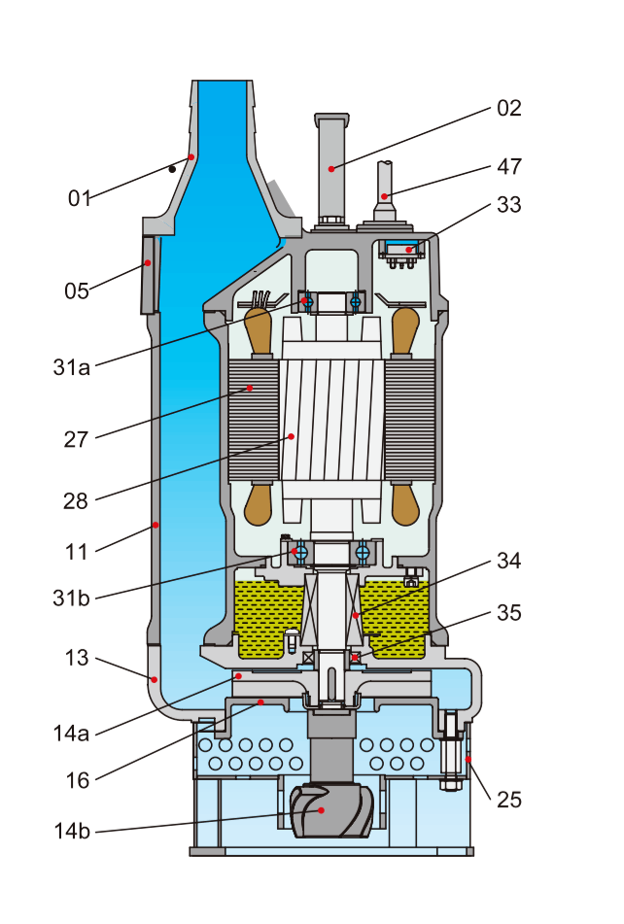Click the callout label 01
80,198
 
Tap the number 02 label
509,108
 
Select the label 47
509,166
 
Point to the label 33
509,205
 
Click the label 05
77,291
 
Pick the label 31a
72,367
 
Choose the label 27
76,439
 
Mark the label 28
76,501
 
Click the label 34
509,561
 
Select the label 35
509,613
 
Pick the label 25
509,800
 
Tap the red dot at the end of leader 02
331,169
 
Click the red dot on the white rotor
290,437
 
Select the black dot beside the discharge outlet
172,169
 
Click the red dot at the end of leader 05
148,262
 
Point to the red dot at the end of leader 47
385,197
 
